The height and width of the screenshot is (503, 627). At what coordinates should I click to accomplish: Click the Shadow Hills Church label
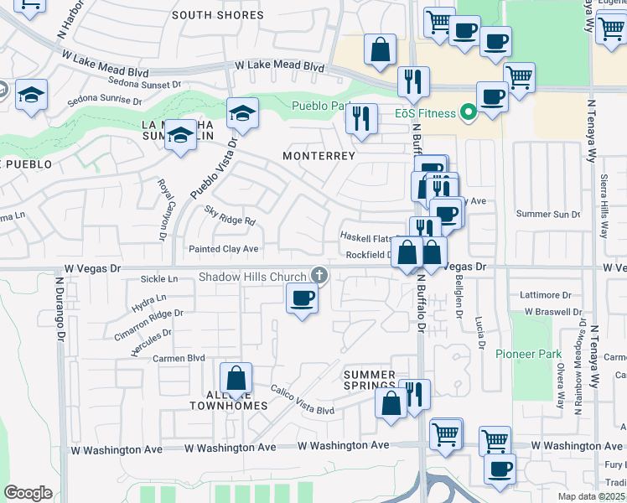pos(252,277)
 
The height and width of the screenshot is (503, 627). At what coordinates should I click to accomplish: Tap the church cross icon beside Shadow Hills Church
pos(319,274)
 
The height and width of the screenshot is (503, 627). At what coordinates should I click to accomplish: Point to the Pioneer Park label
pos(528,355)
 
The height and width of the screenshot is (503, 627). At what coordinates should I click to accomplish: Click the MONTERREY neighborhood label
pos(319,156)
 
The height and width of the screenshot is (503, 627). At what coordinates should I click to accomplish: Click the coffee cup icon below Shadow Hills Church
pos(302,298)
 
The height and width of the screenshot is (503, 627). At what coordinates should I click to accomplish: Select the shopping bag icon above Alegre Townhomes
pos(236,377)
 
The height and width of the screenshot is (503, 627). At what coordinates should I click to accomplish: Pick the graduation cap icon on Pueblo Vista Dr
pos(242,112)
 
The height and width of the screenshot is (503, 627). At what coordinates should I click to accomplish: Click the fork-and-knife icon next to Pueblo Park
pos(361,118)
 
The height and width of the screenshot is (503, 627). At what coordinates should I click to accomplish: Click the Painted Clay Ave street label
pos(223,249)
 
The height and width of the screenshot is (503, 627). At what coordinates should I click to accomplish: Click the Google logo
pos(28,492)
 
